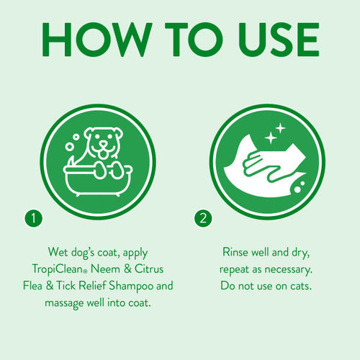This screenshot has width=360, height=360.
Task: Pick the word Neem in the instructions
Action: pos(121,269)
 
